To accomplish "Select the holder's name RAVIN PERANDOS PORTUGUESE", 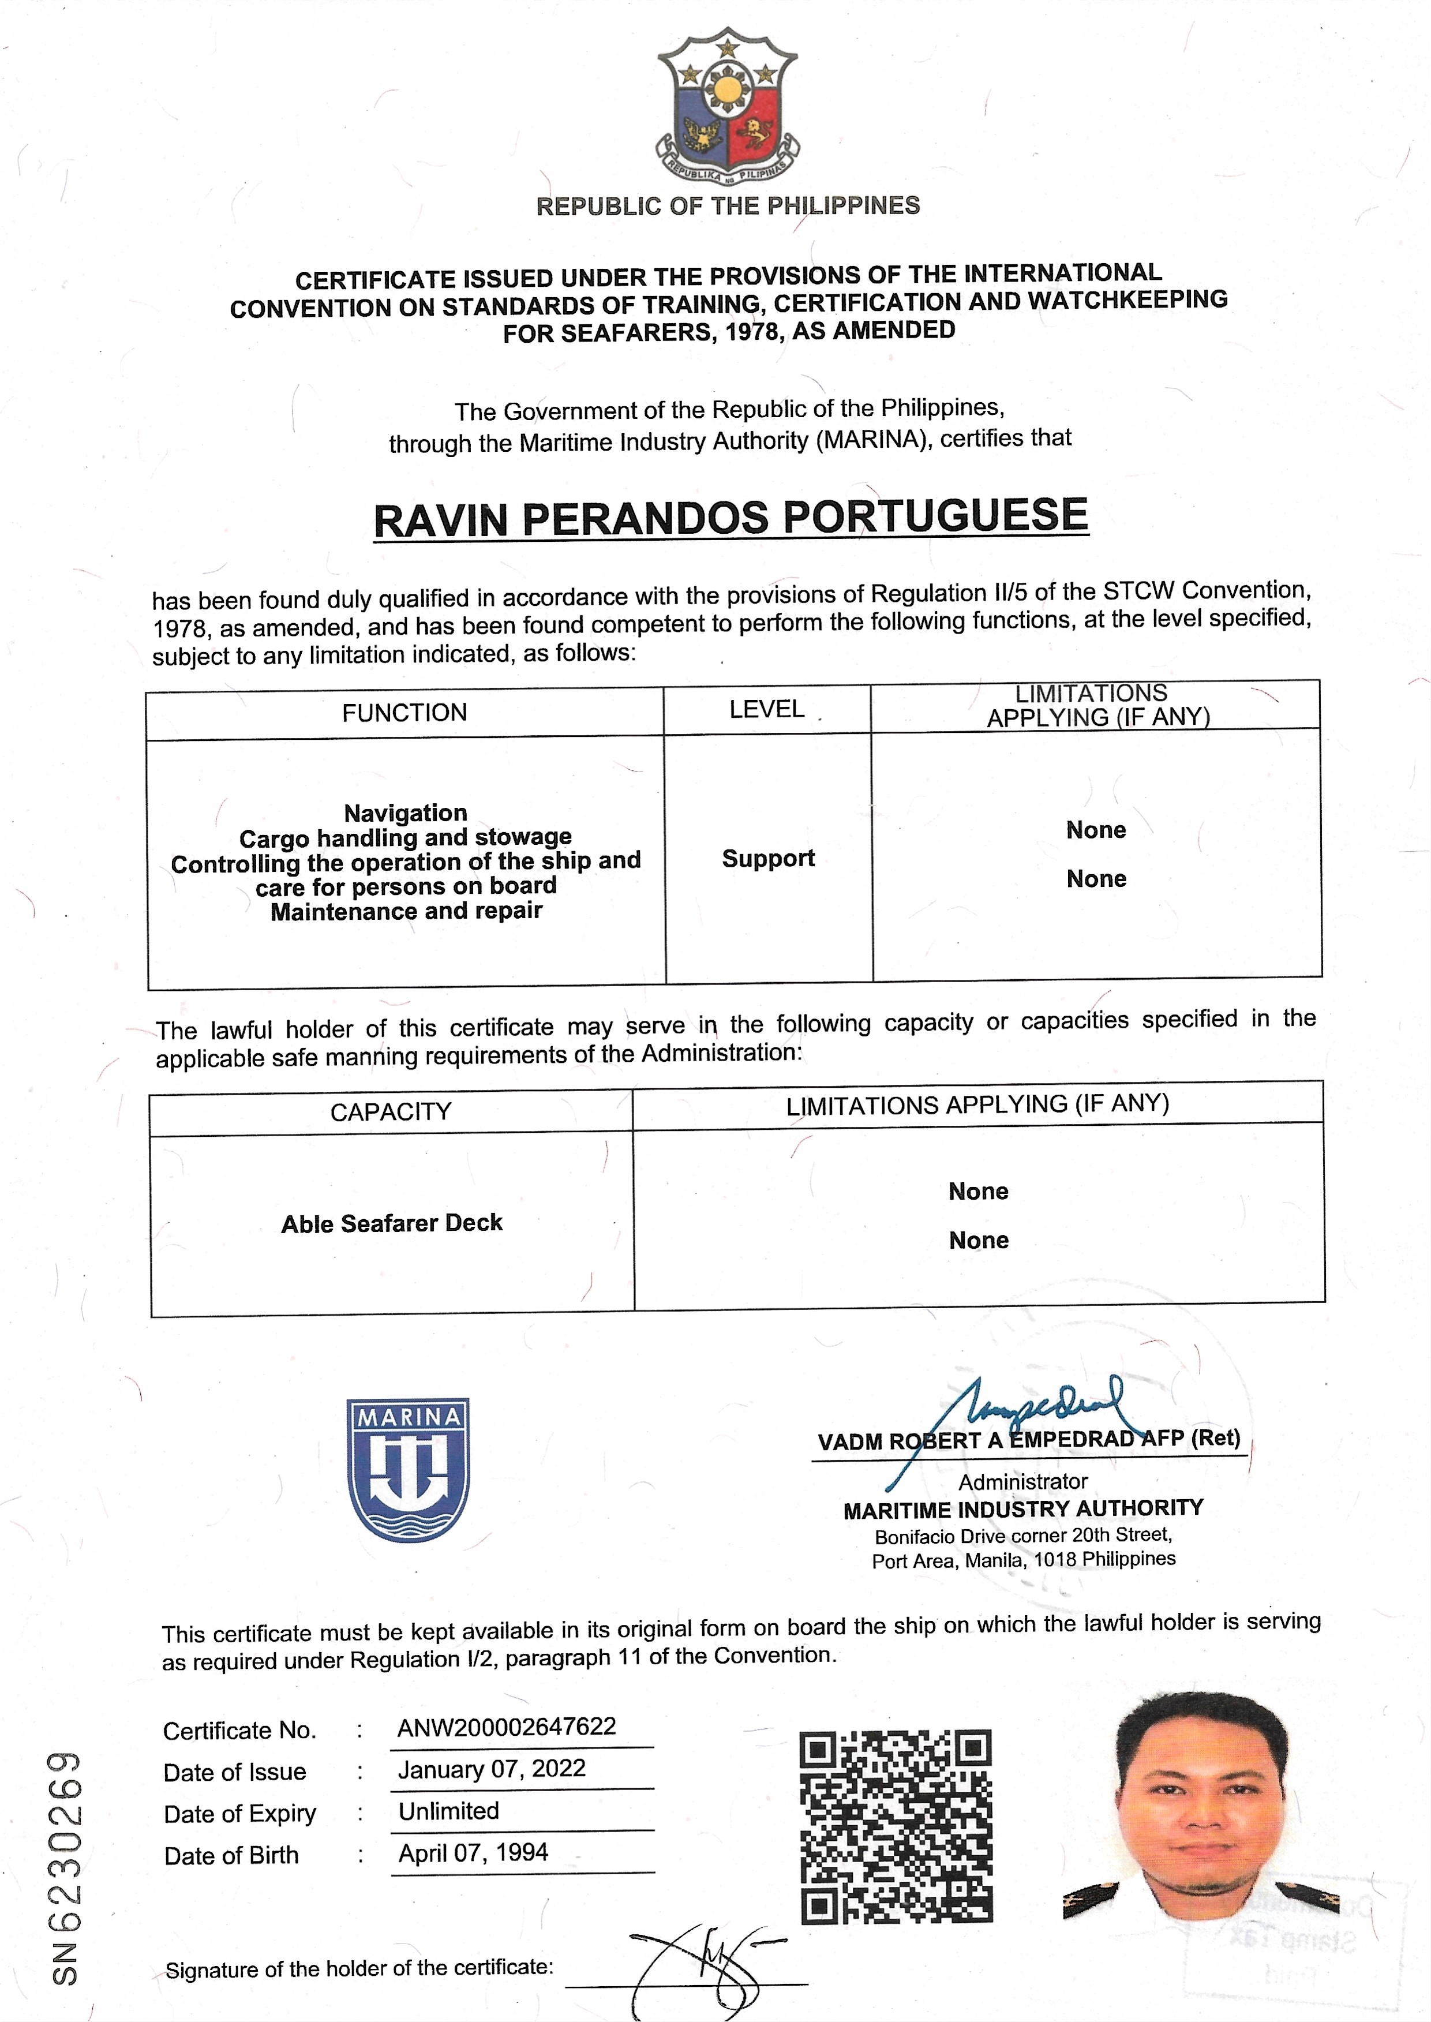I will [x=731, y=518].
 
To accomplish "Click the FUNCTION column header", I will [x=404, y=712].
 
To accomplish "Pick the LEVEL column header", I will [x=767, y=709].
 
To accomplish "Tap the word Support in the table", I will [x=767, y=858].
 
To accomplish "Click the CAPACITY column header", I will [x=391, y=1112].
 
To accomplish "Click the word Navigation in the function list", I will [x=405, y=812].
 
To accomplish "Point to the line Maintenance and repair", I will [x=406, y=911].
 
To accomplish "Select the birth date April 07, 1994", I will [x=473, y=1853].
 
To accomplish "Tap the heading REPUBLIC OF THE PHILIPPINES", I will [x=728, y=206].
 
